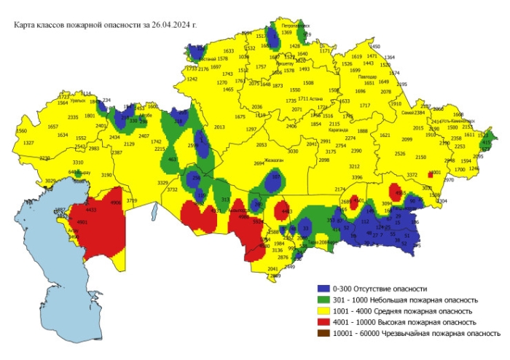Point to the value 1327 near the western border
[28, 143]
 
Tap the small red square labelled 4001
[436, 173]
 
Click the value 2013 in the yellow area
[219, 127]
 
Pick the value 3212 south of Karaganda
[356, 167]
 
